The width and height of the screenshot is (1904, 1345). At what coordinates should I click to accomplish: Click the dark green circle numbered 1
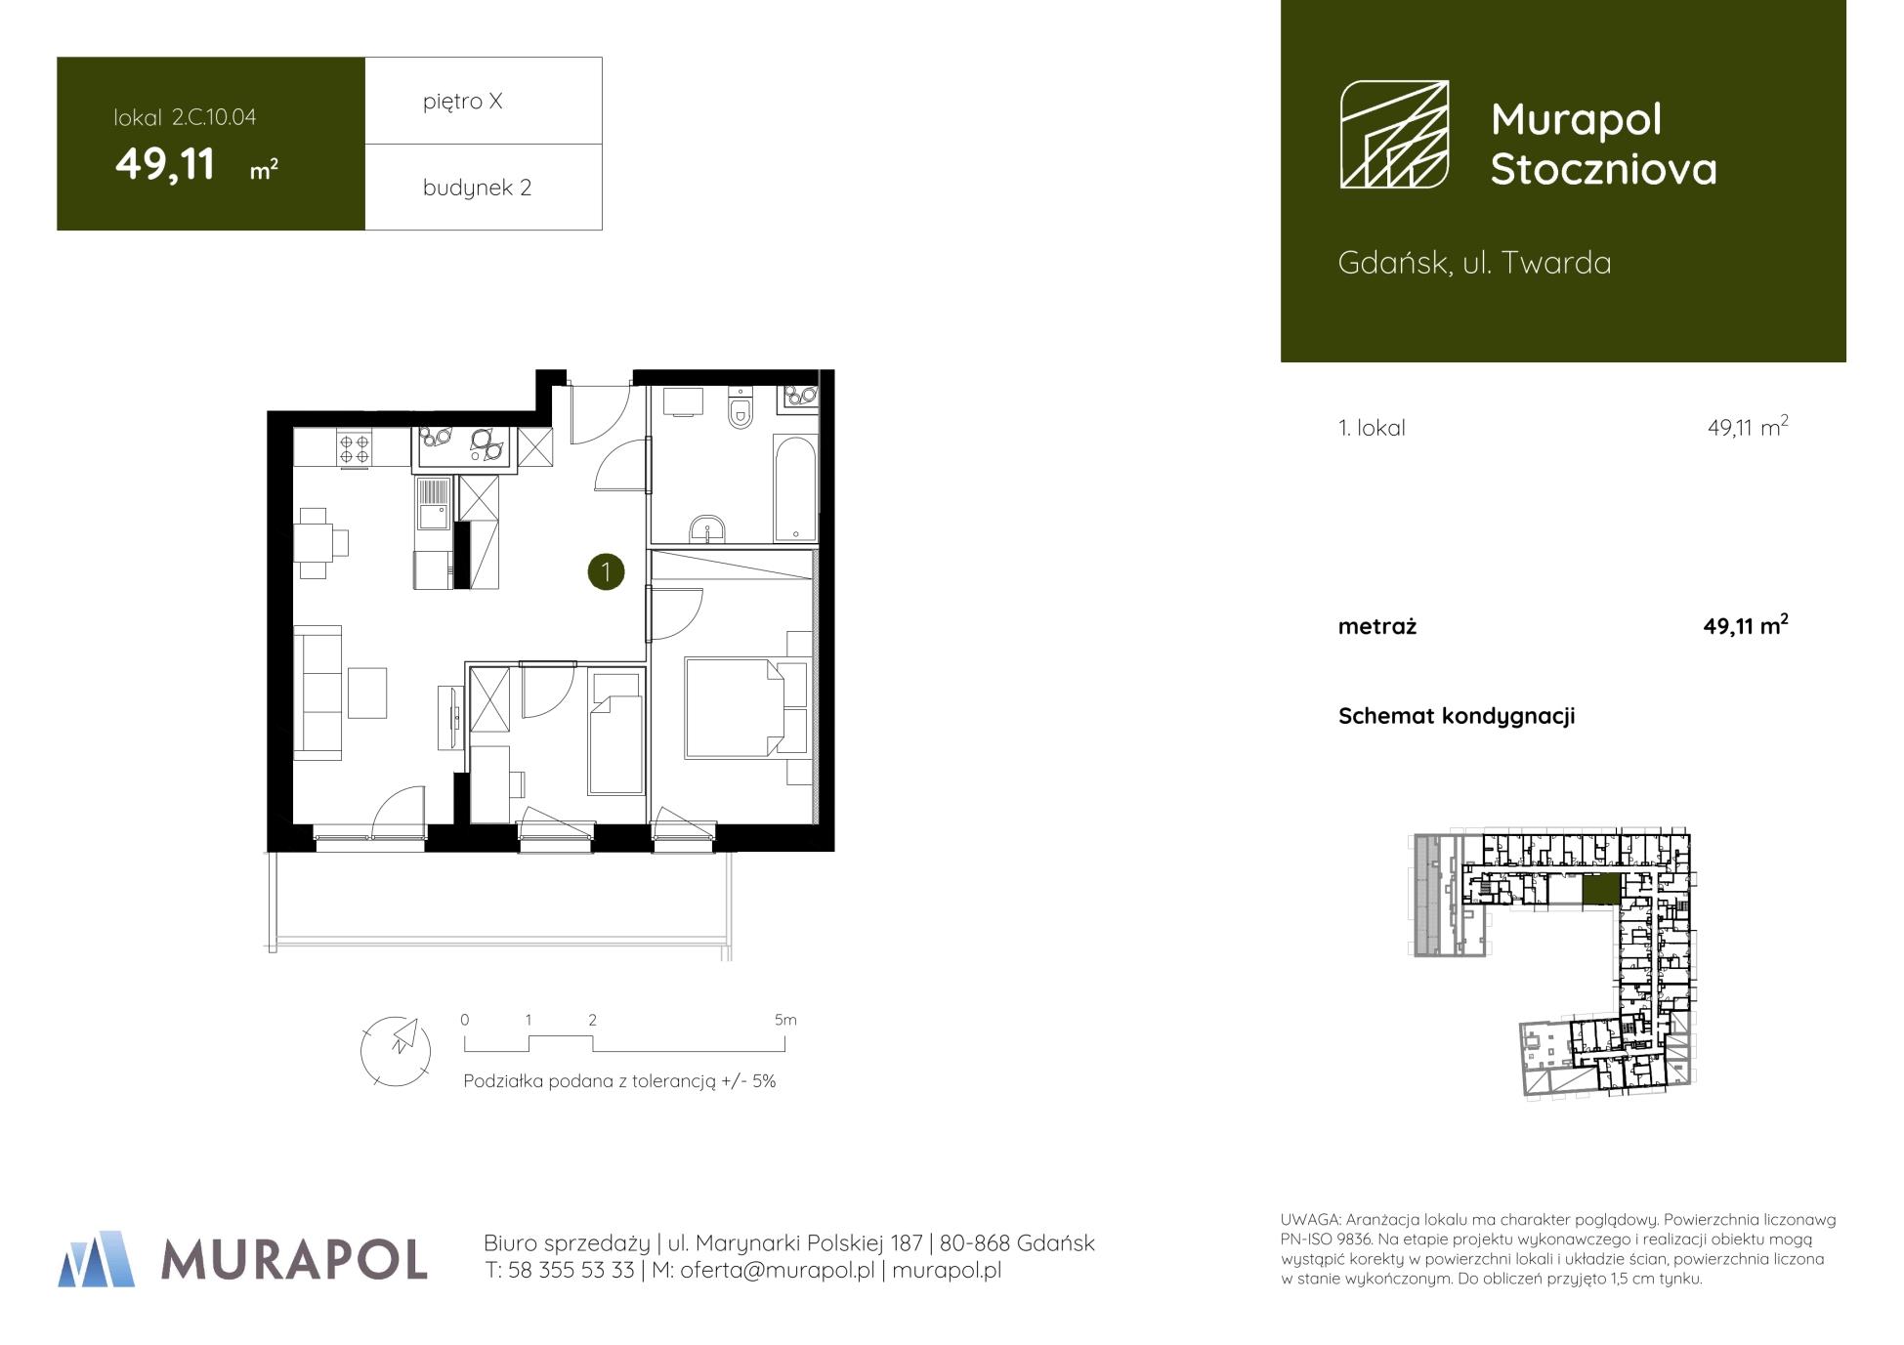click(606, 571)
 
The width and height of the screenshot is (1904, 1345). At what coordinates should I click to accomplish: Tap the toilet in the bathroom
click(741, 408)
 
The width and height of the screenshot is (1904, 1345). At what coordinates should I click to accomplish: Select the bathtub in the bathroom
click(795, 488)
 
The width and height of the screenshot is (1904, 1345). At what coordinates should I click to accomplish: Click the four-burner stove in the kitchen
click(355, 448)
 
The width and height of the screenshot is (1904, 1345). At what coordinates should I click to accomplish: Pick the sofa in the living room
click(318, 693)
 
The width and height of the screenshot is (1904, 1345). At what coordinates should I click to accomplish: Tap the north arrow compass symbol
click(396, 1051)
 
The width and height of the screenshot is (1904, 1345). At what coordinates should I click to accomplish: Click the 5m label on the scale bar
click(785, 1020)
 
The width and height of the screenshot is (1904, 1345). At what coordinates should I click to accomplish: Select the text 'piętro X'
click(463, 102)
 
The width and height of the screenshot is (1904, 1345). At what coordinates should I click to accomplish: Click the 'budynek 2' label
click(477, 188)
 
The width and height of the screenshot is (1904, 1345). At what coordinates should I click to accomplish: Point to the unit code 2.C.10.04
click(214, 117)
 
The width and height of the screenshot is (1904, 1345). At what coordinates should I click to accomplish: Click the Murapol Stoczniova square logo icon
click(1394, 134)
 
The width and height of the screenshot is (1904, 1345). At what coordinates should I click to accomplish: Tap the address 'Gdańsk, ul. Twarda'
click(1474, 263)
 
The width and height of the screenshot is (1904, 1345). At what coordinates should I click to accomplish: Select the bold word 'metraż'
click(1377, 627)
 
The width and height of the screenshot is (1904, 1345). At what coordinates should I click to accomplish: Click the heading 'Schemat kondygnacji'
click(1457, 716)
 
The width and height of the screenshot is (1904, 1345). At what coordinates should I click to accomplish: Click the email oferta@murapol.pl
click(777, 1270)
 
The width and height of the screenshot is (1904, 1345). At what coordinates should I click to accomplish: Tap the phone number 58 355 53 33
click(572, 1270)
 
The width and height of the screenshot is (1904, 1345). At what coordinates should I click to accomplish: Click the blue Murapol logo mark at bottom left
click(97, 1258)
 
